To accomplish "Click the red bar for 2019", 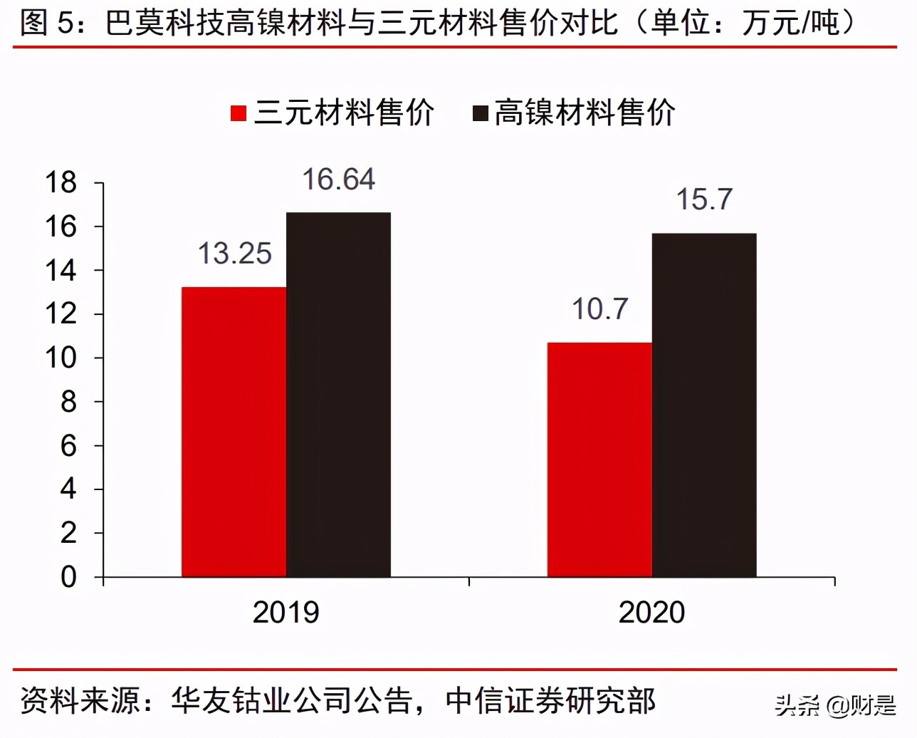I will tap(234, 432).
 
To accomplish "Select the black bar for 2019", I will tap(338, 395).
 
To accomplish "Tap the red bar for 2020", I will tap(599, 459).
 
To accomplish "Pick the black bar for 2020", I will tap(704, 405).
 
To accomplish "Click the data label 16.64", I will tap(338, 180).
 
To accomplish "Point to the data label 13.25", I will tap(234, 254).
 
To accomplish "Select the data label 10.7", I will tap(599, 309).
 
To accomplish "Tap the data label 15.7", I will tap(703, 199).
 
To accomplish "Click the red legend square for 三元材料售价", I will tap(239, 113).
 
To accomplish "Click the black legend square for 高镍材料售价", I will tap(481, 113).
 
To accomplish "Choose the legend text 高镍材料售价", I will tap(584, 113).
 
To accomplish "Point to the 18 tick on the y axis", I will tap(61, 183).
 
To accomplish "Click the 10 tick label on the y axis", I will tap(61, 358).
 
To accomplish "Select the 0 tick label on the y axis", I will tap(68, 577).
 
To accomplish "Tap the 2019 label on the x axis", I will tap(285, 613).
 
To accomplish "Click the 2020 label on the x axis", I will tap(651, 613).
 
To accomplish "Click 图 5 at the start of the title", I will tap(46, 23).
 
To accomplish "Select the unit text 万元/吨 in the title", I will tap(790, 23).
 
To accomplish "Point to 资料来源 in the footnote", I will tap(80, 701).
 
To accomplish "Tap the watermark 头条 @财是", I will tap(834, 705).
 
